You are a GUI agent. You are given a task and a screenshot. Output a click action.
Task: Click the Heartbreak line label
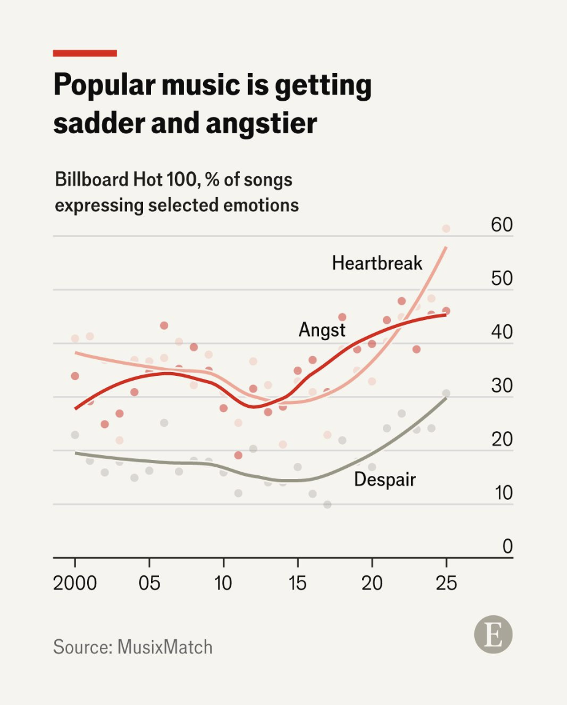click(377, 263)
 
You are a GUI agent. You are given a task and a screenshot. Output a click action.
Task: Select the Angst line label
click(322, 330)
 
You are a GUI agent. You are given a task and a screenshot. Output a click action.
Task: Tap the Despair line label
click(385, 479)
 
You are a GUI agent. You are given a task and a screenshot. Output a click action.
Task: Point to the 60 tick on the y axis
click(501, 225)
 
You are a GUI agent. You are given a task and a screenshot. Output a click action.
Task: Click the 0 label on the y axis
click(507, 546)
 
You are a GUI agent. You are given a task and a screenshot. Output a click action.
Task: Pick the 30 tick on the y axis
click(501, 386)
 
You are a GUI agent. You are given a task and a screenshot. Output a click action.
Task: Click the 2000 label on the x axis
click(75, 583)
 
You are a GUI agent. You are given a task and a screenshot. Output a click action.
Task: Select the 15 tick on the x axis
click(298, 583)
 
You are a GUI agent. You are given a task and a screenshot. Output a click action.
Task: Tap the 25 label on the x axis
click(446, 583)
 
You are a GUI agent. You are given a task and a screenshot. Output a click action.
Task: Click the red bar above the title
click(85, 53)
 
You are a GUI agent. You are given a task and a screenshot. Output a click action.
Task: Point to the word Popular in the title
click(103, 85)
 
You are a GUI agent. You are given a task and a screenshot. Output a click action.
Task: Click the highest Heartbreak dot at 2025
click(446, 228)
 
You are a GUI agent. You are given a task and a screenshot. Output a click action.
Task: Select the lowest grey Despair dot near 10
click(327, 504)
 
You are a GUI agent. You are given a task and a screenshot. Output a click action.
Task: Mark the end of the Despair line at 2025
click(446, 397)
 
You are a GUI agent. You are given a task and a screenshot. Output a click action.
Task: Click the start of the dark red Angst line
click(75, 408)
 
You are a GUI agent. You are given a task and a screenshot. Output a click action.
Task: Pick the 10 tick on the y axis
click(501, 493)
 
